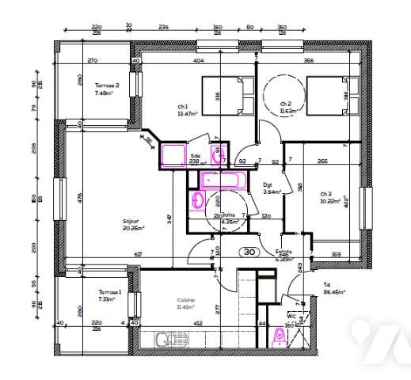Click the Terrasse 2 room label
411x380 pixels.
pyautogui.click(x=107, y=85)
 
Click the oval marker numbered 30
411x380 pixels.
pyautogui.click(x=247, y=253)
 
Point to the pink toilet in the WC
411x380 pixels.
pyautogui.click(x=278, y=338)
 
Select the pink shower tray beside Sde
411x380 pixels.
pyautogui.click(x=174, y=154)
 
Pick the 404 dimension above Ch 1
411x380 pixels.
pyautogui.click(x=199, y=60)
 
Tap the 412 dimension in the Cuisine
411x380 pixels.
pyautogui.click(x=199, y=323)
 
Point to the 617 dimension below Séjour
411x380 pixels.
pyautogui.click(x=139, y=253)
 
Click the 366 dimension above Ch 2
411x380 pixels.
pyautogui.click(x=309, y=60)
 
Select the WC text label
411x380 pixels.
pyautogui.click(x=291, y=315)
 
